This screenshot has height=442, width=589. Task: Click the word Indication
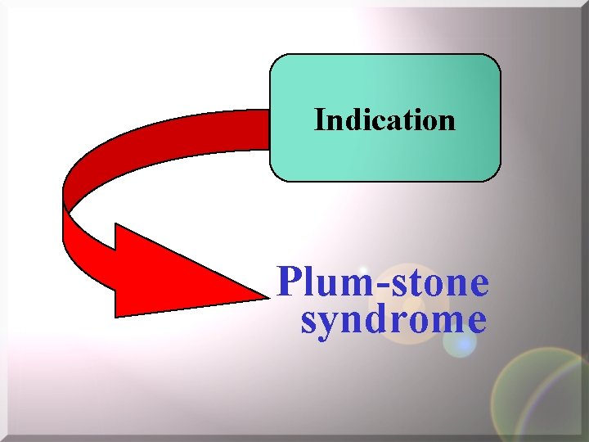384,120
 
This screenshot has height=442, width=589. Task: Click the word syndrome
393,319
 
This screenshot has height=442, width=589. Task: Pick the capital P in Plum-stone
289,283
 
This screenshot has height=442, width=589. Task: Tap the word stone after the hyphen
438,283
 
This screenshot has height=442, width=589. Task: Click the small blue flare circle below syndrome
459,343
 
